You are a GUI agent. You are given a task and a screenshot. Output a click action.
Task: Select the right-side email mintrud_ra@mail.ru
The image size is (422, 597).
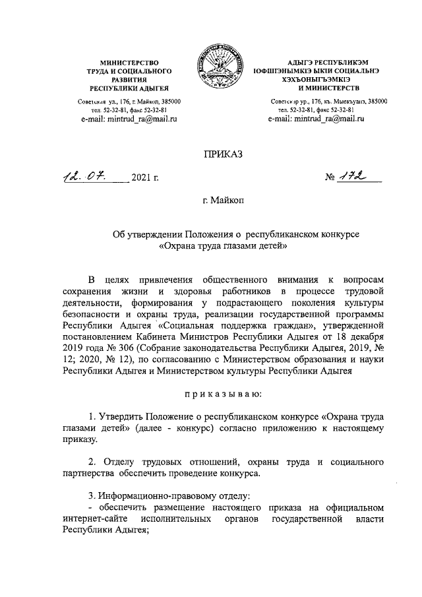(316, 119)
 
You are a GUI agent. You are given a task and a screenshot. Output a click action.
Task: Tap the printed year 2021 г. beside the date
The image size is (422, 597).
(145, 179)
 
